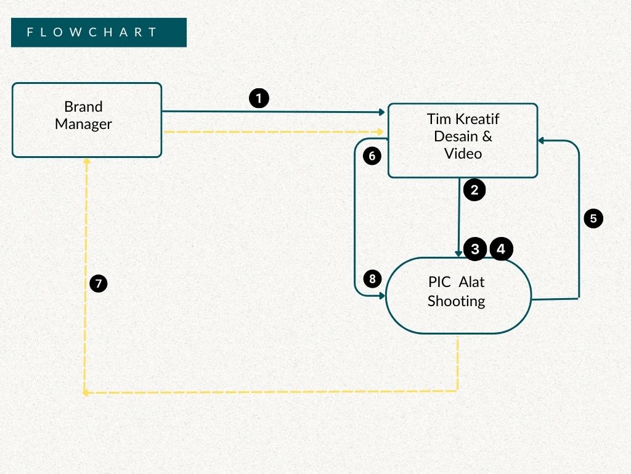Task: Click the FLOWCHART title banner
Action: coord(99,32)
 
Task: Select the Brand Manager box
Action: coord(87,120)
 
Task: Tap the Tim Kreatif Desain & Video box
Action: coord(462,141)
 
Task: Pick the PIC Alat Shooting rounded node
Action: coord(458,296)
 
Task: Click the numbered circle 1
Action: coord(259,98)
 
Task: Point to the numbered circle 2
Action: coord(474,190)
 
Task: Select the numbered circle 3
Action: coord(475,249)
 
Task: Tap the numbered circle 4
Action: coord(502,249)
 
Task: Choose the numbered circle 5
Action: coord(593,218)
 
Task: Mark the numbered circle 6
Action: coord(372,156)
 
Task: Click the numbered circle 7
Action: coord(99,284)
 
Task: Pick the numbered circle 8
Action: coord(372,279)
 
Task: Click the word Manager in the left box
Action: coord(83,124)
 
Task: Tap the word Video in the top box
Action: coord(463,153)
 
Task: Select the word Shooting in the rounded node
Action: coord(456,301)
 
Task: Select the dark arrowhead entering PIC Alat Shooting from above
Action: coord(458,254)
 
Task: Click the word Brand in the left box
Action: coord(83,107)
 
